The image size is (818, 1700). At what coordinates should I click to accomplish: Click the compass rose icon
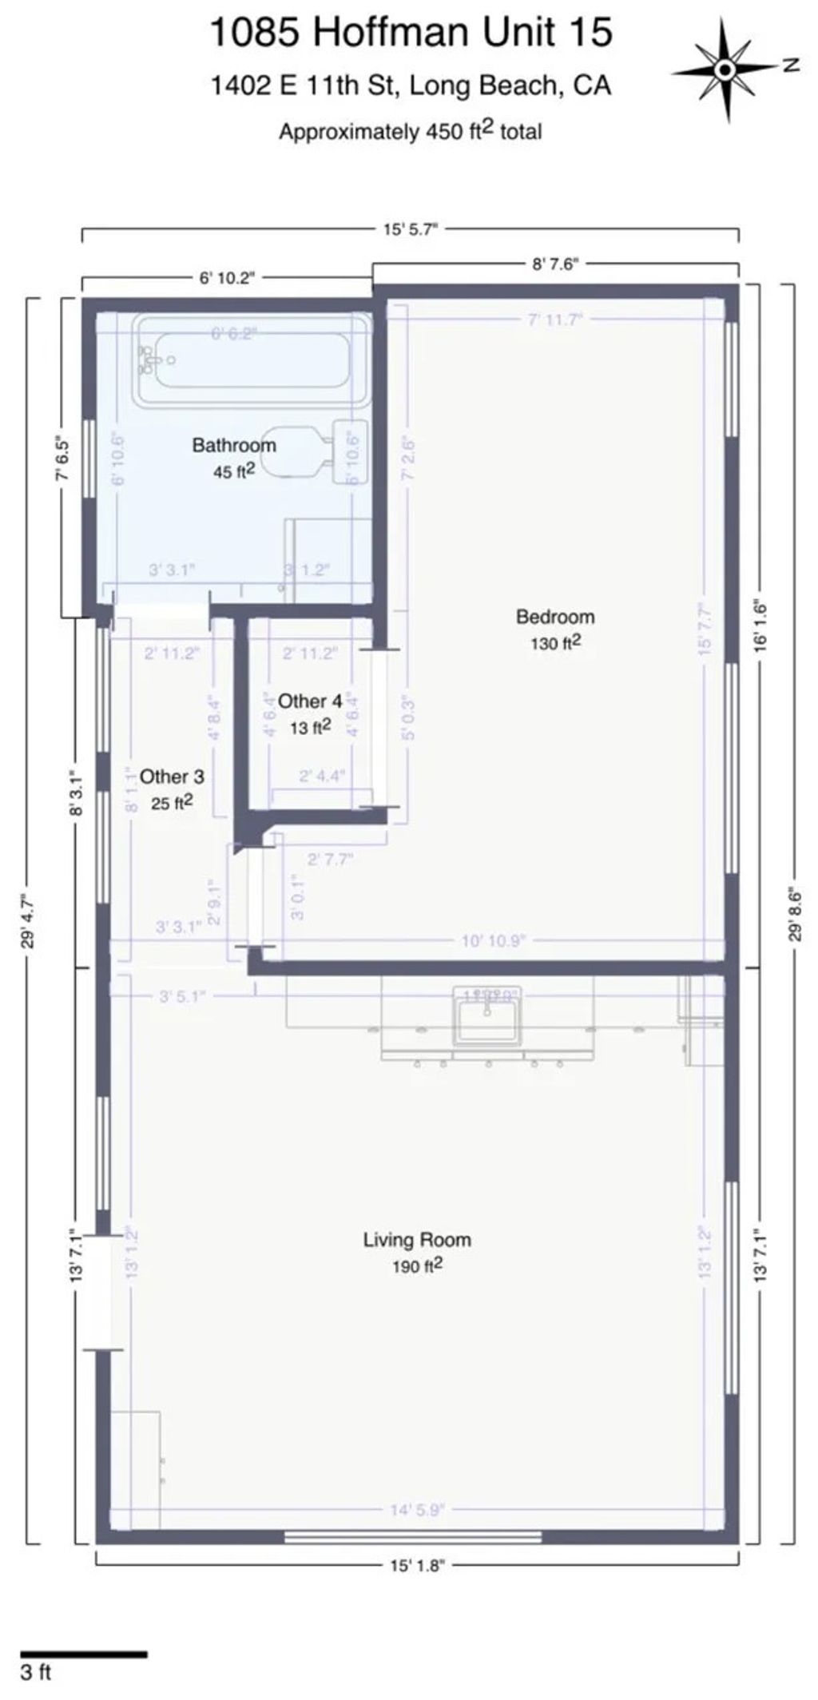(x=725, y=70)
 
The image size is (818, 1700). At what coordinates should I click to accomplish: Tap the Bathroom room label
(x=234, y=446)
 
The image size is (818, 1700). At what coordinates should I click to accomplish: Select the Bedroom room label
(x=555, y=617)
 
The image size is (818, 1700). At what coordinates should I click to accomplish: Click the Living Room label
(x=417, y=1240)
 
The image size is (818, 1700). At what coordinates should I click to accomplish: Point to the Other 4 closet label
(x=310, y=701)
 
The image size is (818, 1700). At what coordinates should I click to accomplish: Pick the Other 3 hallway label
(x=172, y=777)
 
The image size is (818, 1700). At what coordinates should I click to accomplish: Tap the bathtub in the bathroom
(x=252, y=360)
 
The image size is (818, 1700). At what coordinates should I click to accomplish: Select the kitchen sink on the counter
(x=487, y=1019)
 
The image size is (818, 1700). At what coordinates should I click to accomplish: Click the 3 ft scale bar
(x=83, y=1654)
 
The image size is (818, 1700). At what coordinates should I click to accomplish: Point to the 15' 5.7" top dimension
(x=411, y=229)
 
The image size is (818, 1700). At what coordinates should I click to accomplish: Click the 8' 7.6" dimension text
(x=554, y=264)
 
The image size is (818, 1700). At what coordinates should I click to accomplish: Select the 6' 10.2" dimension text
(x=226, y=278)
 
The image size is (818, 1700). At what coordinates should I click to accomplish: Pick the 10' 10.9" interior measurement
(x=493, y=940)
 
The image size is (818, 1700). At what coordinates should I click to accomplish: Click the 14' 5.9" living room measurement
(x=416, y=1509)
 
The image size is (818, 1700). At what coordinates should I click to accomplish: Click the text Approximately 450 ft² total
(x=410, y=131)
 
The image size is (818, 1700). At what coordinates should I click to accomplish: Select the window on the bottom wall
(x=413, y=1536)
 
